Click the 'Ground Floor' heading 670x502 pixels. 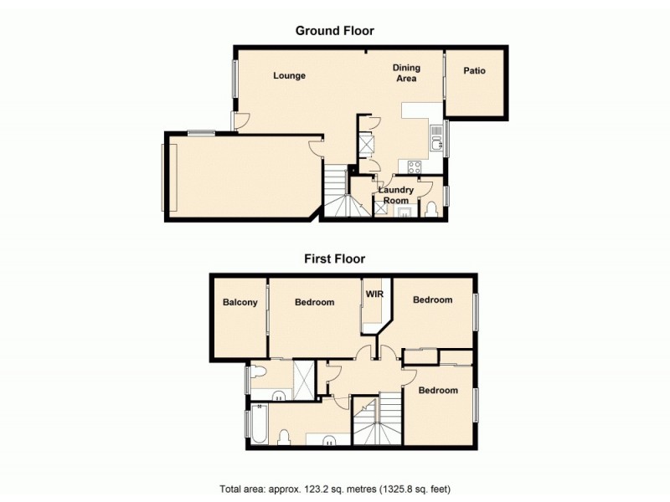334,31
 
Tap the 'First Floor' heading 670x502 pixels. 334,259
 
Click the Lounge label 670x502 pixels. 289,76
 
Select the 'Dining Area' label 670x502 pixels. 407,73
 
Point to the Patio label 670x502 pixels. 474,71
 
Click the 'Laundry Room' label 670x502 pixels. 396,195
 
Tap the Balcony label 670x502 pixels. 240,303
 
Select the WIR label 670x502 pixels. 374,295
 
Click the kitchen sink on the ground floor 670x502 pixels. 435,143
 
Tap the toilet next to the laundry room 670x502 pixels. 431,207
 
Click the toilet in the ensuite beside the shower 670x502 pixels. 260,372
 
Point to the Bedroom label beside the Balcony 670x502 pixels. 314,303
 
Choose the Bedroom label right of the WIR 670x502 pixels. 432,300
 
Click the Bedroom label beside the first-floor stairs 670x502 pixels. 438,391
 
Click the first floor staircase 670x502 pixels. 377,423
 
